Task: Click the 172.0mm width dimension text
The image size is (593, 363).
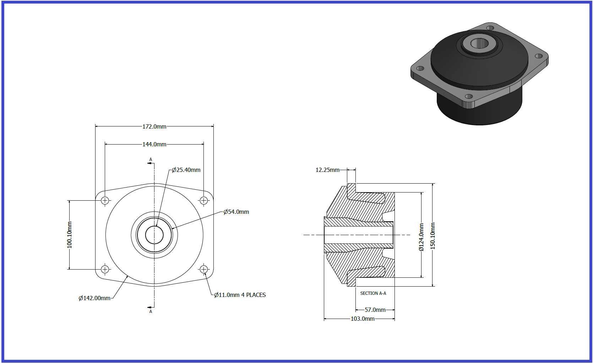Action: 154,126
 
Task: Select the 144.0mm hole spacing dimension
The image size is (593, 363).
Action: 154,144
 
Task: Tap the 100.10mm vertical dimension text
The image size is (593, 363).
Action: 69,235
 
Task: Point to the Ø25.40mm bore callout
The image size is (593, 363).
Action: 186,170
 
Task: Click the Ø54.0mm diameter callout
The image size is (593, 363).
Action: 236,212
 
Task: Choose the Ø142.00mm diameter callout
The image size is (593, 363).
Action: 94,298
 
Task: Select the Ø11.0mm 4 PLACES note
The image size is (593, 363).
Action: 240,295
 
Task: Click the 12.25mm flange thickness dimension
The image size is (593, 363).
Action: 327,170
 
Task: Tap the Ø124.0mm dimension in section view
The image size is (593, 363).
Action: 421,237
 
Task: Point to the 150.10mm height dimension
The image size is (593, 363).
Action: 432,236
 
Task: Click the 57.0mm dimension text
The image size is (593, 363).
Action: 375,310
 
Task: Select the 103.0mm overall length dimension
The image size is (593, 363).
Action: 363,319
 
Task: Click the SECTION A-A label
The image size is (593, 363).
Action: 373,293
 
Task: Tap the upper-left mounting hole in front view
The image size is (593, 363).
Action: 105,200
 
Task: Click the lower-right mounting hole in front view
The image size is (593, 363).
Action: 203,269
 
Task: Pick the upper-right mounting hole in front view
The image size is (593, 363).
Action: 203,200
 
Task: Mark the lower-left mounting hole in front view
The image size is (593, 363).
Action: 105,269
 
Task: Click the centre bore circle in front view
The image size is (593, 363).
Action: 154,226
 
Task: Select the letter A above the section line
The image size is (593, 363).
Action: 151,159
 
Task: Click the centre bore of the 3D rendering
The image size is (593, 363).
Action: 479,43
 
